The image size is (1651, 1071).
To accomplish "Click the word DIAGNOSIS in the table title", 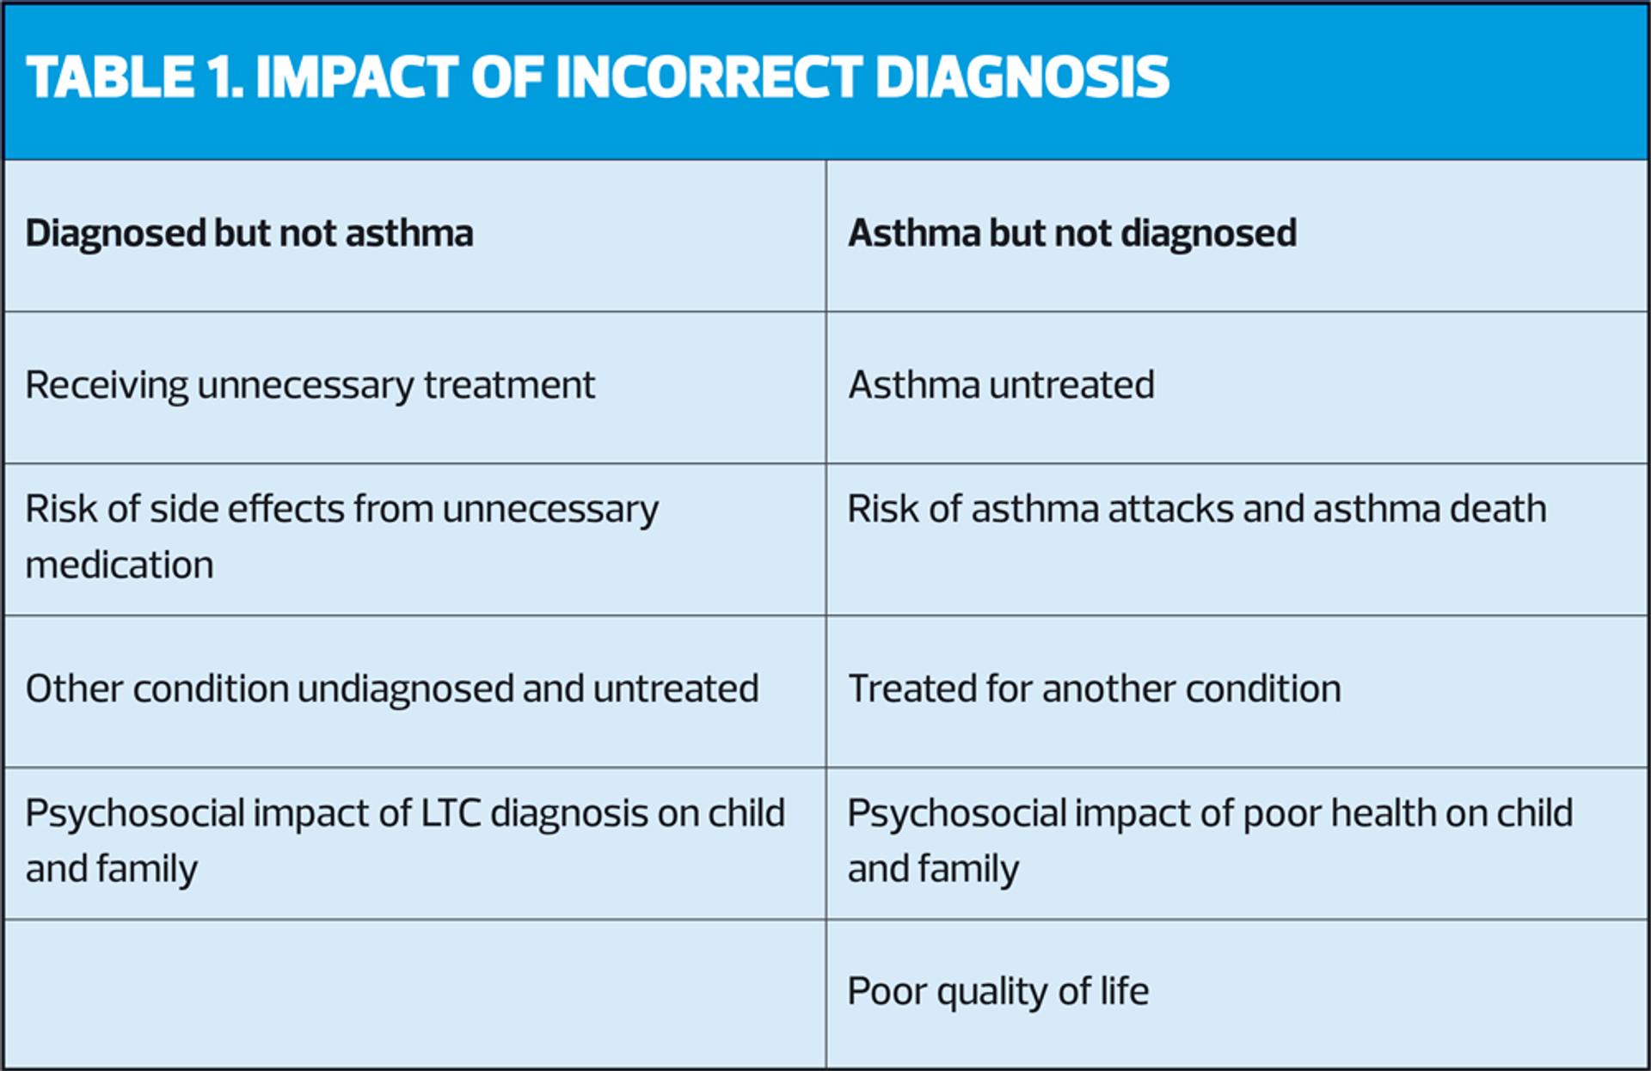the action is coord(1022,76).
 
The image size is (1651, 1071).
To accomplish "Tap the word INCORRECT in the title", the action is coord(709,76).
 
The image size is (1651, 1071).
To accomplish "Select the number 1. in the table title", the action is coord(225,76).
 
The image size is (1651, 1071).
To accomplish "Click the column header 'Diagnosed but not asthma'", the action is coord(249,234).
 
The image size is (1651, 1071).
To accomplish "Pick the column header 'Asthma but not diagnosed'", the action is coord(1072,234).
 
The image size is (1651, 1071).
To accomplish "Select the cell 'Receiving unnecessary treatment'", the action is coord(310,385).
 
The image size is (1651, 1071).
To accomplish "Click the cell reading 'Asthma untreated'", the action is coord(1001,385).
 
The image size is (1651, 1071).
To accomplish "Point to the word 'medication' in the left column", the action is coord(120,565).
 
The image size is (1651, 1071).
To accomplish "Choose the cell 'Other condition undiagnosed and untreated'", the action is coord(392,688).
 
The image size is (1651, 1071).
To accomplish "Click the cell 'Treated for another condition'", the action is coord(1095,688).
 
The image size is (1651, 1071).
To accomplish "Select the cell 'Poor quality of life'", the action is coord(998,992).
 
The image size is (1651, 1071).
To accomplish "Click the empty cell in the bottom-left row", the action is coord(415,994).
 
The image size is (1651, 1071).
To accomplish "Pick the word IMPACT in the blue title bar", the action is coord(357,76).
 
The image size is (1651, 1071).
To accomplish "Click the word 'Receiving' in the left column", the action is coord(107,386).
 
